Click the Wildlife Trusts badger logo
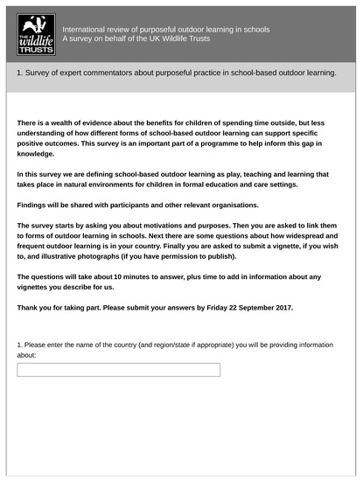(36, 34)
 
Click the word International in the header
(87, 30)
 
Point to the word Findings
(36, 205)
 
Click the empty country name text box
(118, 370)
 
